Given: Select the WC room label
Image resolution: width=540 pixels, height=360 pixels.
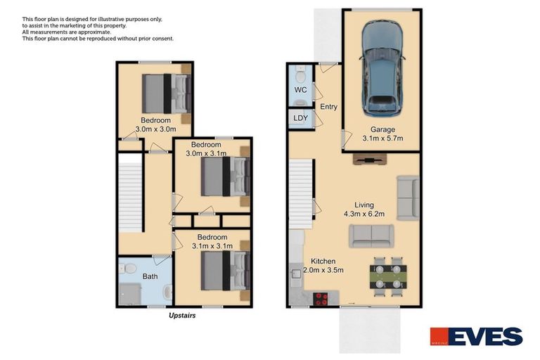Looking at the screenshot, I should pos(300,90).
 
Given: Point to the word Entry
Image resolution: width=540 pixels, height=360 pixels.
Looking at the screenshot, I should pos(328,107).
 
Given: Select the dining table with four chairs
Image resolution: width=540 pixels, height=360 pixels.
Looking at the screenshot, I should pos(387,274).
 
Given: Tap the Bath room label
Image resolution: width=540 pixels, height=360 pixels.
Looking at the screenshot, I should pos(150,277).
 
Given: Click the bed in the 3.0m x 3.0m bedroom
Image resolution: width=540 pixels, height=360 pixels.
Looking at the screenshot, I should pos(167,94).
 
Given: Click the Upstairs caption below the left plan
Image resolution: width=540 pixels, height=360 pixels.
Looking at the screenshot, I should pos(182,316).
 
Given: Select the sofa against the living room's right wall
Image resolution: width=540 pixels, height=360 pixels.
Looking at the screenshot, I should pos(407,198).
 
